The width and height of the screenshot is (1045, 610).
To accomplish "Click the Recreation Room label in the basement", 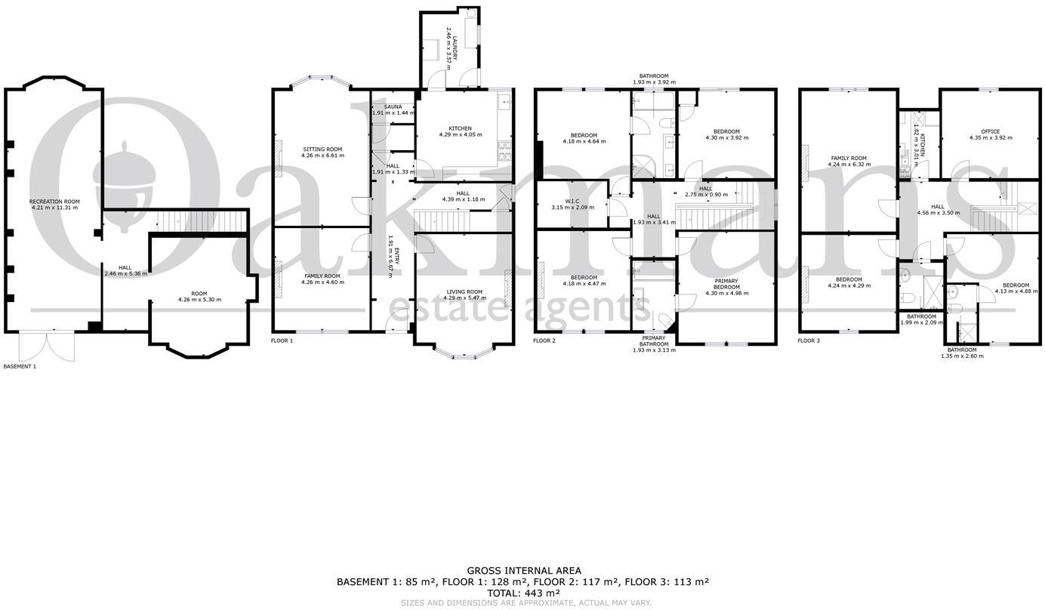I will (54, 202).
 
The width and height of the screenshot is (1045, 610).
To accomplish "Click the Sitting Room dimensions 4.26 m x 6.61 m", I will (322, 157).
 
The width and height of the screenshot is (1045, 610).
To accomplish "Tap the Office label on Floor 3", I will (991, 131).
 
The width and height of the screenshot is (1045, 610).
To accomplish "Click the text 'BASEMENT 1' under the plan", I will (20, 366).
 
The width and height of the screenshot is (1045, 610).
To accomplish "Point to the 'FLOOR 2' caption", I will (544, 340).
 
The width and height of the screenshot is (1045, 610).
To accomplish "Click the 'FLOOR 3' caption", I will (809, 340).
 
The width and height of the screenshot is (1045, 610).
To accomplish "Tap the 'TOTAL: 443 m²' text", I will (522, 593).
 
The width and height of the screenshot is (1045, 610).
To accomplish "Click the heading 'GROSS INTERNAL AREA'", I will (523, 571).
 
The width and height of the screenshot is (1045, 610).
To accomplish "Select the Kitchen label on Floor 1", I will (460, 128).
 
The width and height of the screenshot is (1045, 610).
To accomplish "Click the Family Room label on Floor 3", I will (849, 159).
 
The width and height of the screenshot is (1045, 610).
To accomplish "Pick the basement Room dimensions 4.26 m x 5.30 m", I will (199, 300).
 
